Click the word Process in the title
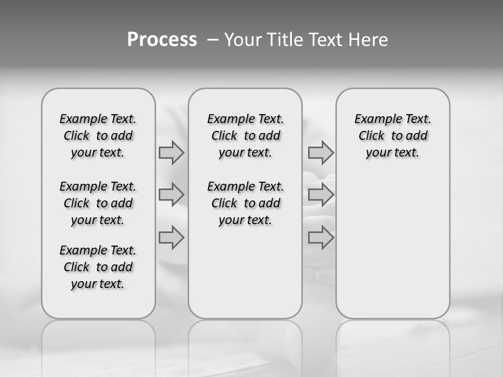pyautogui.click(x=162, y=40)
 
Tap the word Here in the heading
pyautogui.click(x=368, y=40)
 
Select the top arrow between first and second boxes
pyautogui.click(x=171, y=152)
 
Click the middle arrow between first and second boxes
pyautogui.click(x=171, y=195)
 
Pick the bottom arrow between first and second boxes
pyautogui.click(x=171, y=237)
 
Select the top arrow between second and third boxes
pyautogui.click(x=321, y=152)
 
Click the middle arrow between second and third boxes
pyautogui.click(x=321, y=195)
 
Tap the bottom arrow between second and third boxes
pyautogui.click(x=321, y=237)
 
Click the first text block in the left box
pyautogui.click(x=98, y=136)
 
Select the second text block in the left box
pyautogui.click(x=98, y=203)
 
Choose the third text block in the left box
pyautogui.click(x=98, y=267)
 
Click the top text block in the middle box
pyautogui.click(x=245, y=136)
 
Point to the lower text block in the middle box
pyautogui.click(x=245, y=203)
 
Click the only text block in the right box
pyautogui.click(x=392, y=136)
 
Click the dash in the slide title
pyautogui.click(x=212, y=40)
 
